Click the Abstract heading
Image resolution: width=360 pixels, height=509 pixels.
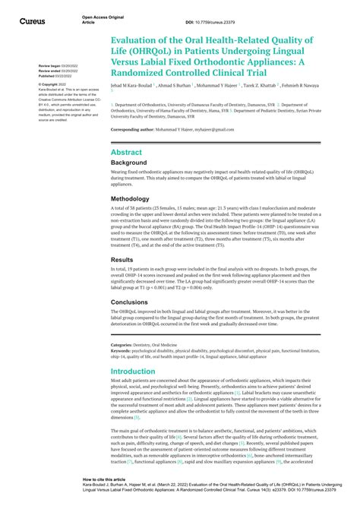pos(126,152)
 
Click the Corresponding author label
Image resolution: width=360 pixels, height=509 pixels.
pos(137,130)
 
